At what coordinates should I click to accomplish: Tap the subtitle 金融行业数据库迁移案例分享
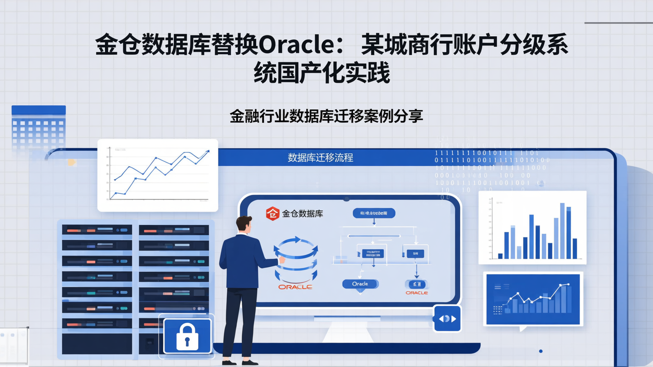pos(326,116)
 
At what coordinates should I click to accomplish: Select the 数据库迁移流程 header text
pos(320,158)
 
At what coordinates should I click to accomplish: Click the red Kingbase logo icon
pos(273,213)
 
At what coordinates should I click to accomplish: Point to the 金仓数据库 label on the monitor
pos(302,213)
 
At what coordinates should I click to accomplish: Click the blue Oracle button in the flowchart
pos(360,284)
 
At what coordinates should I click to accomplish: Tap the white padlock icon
pos(187,336)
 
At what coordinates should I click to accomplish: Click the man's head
pos(244,224)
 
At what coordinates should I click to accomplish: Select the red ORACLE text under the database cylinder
pos(295,287)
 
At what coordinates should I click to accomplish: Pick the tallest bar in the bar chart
pos(562,231)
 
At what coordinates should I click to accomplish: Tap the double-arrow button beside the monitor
pos(447,319)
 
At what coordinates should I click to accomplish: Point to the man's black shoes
pos(240,362)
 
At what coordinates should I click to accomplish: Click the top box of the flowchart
pos(374,213)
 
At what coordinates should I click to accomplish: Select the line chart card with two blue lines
pos(158,175)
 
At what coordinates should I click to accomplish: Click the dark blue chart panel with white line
pos(533,299)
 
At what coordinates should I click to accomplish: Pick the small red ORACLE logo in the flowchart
pos(417,293)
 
